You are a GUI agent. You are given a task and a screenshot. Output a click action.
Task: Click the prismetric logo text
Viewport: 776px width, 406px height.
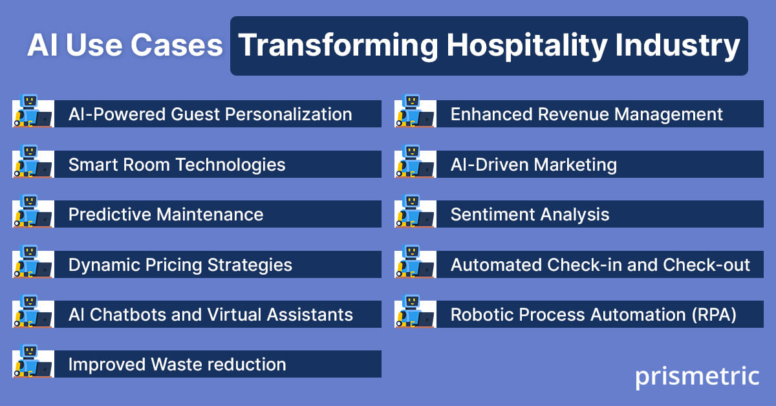(x=696, y=376)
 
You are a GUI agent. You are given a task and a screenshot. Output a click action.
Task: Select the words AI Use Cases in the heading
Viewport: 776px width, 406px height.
(x=125, y=46)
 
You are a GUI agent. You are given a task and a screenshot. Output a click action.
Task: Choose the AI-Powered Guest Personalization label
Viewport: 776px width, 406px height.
(x=210, y=114)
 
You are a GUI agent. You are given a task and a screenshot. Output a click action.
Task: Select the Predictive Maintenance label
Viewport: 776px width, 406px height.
(x=166, y=215)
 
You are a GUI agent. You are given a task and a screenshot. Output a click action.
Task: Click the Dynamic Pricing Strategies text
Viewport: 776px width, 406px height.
(x=180, y=265)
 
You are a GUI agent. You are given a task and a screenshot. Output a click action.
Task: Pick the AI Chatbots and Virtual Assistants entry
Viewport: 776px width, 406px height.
(x=210, y=315)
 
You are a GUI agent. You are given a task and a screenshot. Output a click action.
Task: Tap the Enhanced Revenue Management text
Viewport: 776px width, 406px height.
(x=587, y=114)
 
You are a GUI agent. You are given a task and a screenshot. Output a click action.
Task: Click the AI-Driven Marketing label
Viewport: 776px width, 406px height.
(x=533, y=165)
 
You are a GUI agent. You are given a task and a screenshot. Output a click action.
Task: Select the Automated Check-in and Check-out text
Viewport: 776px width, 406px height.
(x=600, y=265)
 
